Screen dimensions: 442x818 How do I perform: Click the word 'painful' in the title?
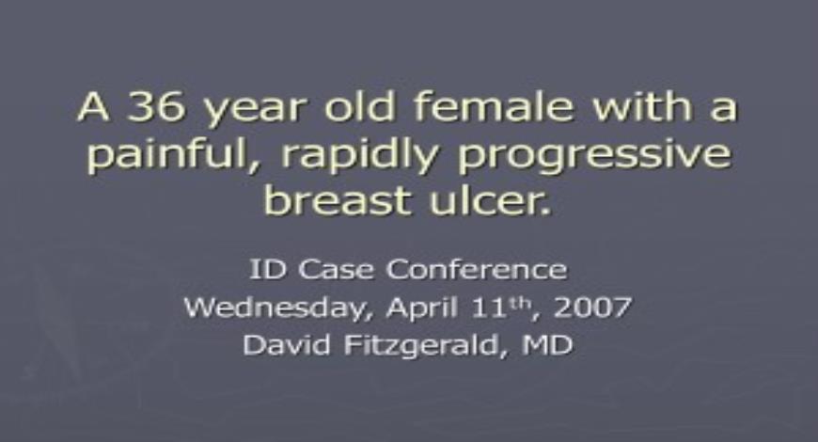tap(150, 155)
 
